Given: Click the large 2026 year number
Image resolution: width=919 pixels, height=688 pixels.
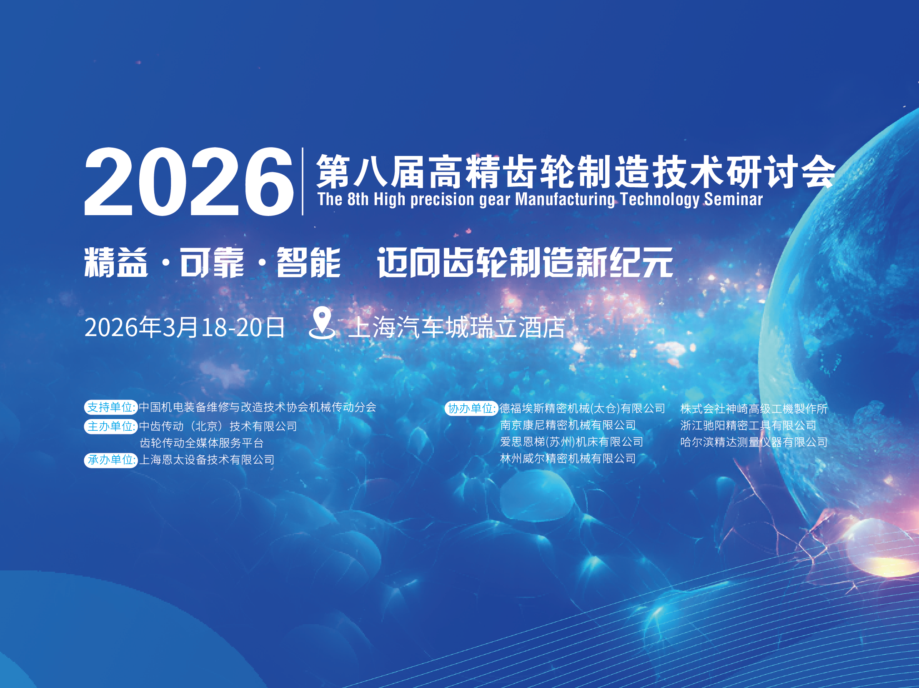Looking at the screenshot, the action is pos(189,182).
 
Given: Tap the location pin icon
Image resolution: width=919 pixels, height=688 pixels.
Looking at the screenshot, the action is pos(322,323).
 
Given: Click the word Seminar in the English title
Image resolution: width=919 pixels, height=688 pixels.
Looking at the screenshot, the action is pos(733,199).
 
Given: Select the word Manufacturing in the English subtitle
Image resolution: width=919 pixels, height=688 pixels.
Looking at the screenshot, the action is pos(565,199).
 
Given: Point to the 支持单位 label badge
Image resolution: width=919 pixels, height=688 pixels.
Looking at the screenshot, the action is pos(111,407).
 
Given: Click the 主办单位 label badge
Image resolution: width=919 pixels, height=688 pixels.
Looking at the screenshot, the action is pos(111,426).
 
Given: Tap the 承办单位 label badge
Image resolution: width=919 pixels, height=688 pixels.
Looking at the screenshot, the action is pos(111,460).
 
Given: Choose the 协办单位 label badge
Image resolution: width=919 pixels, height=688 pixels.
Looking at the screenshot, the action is pos(471,408).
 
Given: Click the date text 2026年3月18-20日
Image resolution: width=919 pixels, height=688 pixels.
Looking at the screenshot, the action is pos(185,327).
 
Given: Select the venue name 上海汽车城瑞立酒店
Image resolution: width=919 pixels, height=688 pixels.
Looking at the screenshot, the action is pos(457,327).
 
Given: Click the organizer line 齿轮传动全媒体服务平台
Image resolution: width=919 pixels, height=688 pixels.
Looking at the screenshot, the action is pos(202,443).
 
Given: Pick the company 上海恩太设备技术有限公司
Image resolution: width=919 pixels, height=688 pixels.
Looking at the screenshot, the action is pos(207,460).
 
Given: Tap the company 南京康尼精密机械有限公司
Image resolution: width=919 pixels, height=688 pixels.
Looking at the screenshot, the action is pos(568,425).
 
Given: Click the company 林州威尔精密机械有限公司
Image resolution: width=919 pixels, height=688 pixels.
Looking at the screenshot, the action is pos(568,459).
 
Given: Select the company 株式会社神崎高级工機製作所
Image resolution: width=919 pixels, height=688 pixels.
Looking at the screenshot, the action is pos(754,409).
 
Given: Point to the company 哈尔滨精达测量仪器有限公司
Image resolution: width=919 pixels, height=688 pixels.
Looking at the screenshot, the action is pos(754,442).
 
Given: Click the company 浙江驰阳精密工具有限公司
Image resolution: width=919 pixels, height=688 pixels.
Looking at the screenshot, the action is pos(748,425).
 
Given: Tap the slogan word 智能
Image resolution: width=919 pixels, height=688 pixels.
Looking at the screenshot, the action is pos(309,262).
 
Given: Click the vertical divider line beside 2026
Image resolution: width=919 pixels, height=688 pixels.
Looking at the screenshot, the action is pos(303,181).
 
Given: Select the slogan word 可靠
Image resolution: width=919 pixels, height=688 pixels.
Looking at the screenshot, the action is pos(212,262).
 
